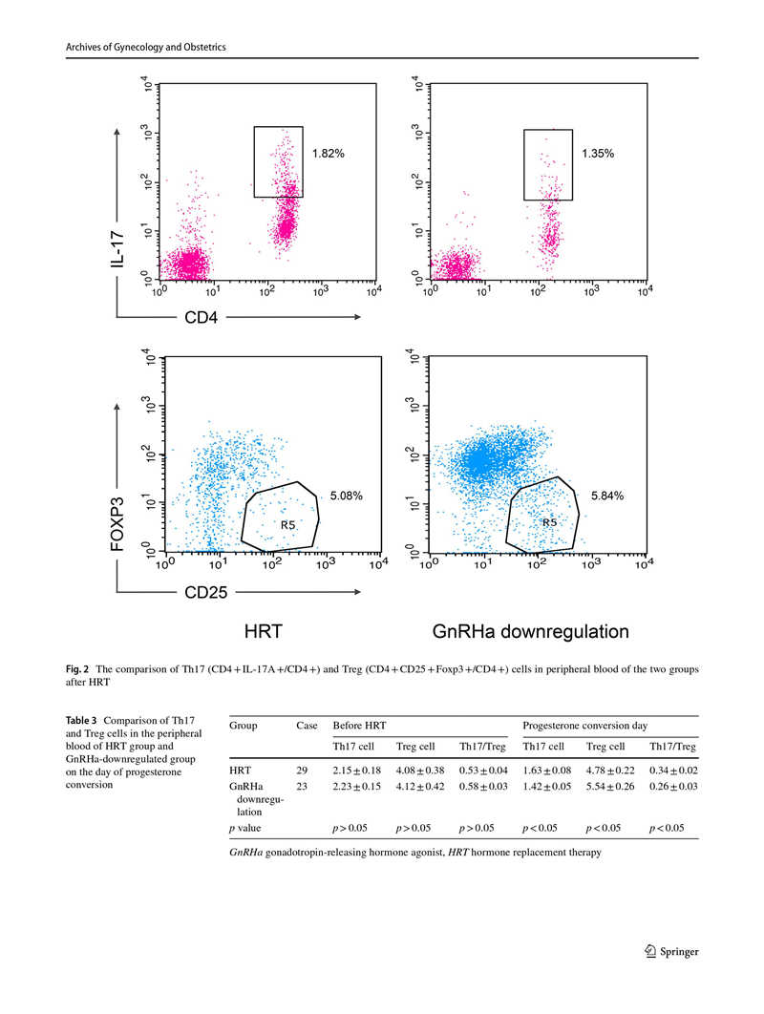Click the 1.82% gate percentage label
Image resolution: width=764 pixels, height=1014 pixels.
pos(329,153)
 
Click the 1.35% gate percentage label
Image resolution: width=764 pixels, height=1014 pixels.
pos(598,153)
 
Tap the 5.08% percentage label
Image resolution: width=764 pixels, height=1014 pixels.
pos(346,496)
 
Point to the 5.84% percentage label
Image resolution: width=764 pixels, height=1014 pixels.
pos(607,496)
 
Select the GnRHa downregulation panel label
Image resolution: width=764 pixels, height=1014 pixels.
pos(531,631)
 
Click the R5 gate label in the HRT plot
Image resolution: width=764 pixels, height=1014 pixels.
pos(287,525)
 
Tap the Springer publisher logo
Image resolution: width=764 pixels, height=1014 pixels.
pos(672,951)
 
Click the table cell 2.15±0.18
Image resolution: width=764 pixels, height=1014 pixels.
pos(356,768)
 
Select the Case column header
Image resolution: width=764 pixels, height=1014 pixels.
pos(307,726)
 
